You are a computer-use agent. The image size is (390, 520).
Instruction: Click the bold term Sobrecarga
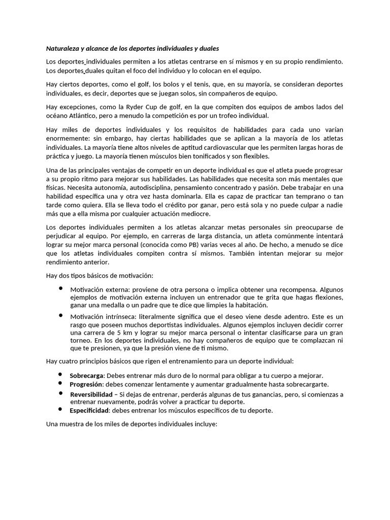[x=87, y=375]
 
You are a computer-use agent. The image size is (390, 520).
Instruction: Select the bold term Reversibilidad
[x=91, y=394]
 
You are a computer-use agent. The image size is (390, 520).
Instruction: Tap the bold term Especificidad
[x=89, y=410]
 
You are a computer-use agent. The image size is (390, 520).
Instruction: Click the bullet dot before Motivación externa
[x=60, y=287]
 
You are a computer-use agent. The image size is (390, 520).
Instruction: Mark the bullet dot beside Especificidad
[x=60, y=409]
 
